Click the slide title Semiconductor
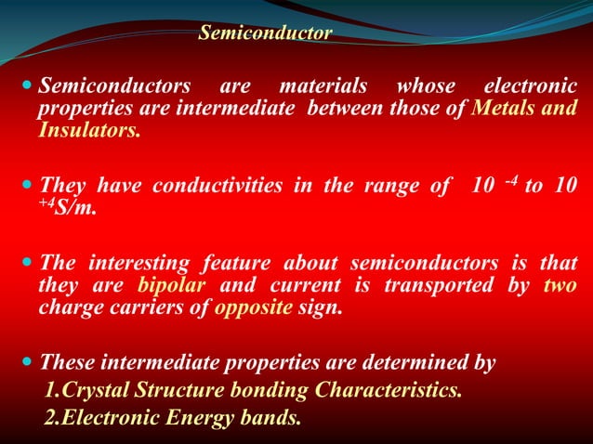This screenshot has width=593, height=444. coord(265,34)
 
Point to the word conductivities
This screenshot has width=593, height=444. coord(217,184)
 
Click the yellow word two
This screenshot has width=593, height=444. coord(560,287)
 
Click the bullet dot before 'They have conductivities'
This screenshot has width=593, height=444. coord(24,183)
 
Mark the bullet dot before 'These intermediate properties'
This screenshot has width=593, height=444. coord(24,362)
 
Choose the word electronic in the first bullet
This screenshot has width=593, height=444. coord(529,87)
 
